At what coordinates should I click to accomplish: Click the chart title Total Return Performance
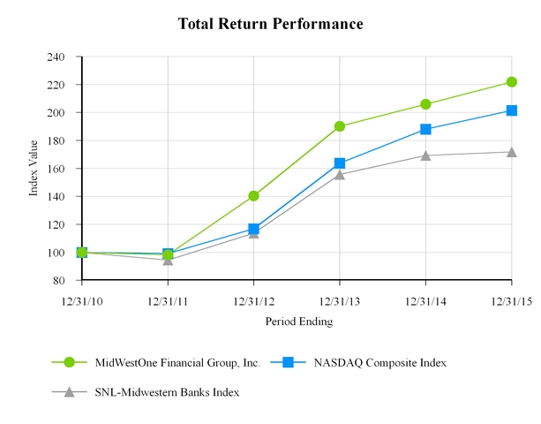(x=270, y=23)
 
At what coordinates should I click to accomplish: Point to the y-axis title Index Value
(x=34, y=169)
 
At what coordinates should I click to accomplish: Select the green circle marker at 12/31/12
(x=253, y=196)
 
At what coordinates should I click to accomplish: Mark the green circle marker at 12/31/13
(x=340, y=126)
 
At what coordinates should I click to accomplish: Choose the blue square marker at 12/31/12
(x=253, y=229)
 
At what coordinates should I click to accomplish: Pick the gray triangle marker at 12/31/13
(x=340, y=174)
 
